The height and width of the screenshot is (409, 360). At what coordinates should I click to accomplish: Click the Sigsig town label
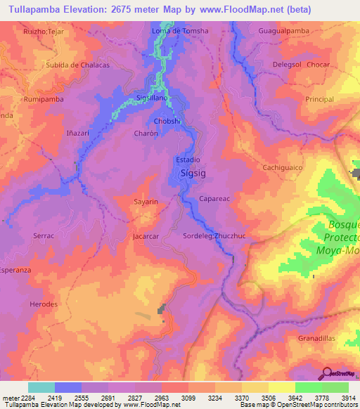point(193,171)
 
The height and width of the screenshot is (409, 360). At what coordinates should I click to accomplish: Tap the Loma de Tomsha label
point(180,32)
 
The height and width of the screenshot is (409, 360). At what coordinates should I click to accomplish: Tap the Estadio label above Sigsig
point(188,160)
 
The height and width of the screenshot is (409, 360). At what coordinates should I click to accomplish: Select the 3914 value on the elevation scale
point(349,397)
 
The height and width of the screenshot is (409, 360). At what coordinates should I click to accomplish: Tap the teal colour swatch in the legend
point(41,387)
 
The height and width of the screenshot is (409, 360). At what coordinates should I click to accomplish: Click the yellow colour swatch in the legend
point(281,387)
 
